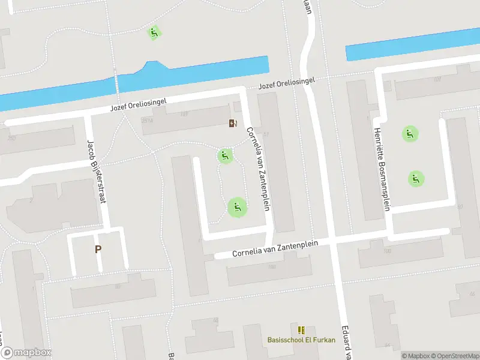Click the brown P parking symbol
(x=98, y=249)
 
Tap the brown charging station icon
(x=232, y=124)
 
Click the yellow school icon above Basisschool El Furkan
(x=301, y=329)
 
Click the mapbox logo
(x=26, y=353)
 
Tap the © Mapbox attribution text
(x=414, y=356)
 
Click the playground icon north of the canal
(x=154, y=32)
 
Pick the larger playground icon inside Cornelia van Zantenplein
(x=237, y=208)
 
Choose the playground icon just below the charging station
(x=225, y=157)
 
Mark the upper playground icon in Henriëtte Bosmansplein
(x=410, y=134)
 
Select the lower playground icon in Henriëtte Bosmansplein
(x=416, y=178)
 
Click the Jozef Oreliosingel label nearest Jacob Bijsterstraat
(x=138, y=106)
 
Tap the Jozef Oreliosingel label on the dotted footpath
(x=286, y=83)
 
